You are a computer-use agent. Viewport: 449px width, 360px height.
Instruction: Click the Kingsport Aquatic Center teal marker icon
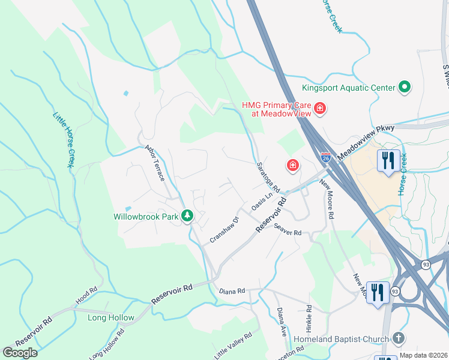pos(405,88)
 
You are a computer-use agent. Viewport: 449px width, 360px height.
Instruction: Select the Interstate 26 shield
pos(325,158)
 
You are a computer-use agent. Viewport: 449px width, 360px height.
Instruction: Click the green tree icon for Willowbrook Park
pos(187,215)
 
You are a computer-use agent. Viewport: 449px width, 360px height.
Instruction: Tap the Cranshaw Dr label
pos(224,230)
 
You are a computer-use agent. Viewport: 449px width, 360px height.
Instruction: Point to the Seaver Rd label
pos(287,229)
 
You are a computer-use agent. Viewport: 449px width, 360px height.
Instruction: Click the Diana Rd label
pos(232,291)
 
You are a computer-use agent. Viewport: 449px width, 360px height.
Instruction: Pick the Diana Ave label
pos(281,323)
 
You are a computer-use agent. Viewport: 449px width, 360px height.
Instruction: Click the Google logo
pos(20,353)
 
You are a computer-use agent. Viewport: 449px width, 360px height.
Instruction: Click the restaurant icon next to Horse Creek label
pos(388,160)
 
